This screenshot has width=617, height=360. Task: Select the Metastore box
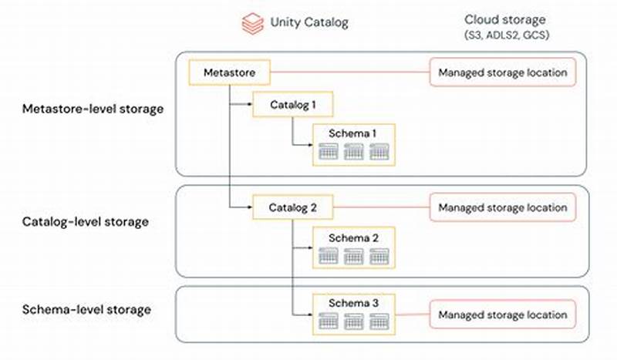pos(229,73)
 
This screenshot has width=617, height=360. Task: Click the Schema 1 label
pos(352,133)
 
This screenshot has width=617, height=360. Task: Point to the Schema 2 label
pos(352,238)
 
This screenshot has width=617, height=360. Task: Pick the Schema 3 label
pos(352,304)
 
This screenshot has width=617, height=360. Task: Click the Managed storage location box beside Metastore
pos(502,73)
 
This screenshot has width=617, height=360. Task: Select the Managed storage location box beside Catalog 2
pos(502,207)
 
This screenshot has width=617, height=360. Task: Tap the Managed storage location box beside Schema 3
pos(502,315)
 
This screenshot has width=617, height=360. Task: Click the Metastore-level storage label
pos(92,109)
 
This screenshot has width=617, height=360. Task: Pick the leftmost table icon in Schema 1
pos(328,152)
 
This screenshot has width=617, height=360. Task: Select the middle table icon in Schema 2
pos(353,256)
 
